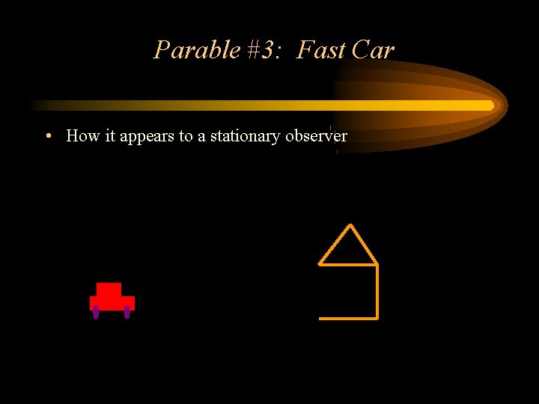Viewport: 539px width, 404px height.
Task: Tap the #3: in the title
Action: pos(262,50)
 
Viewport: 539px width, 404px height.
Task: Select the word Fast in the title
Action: pos(321,50)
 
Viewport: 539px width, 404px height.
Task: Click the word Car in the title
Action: pos(373,50)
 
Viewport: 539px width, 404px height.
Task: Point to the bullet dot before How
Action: pos(47,136)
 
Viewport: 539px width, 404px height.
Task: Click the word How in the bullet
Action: pos(82,136)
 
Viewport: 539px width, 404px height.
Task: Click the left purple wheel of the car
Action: pos(96,312)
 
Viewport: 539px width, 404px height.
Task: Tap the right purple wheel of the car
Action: pos(127,312)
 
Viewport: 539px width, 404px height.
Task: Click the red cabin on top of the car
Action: pos(109,290)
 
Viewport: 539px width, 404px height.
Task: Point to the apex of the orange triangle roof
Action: pos(350,225)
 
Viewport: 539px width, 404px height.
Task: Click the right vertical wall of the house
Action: pos(377,292)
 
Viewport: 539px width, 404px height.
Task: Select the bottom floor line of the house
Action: pos(348,319)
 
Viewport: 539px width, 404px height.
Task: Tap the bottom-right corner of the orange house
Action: pos(377,319)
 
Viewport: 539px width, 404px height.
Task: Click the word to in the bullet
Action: pos(186,136)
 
